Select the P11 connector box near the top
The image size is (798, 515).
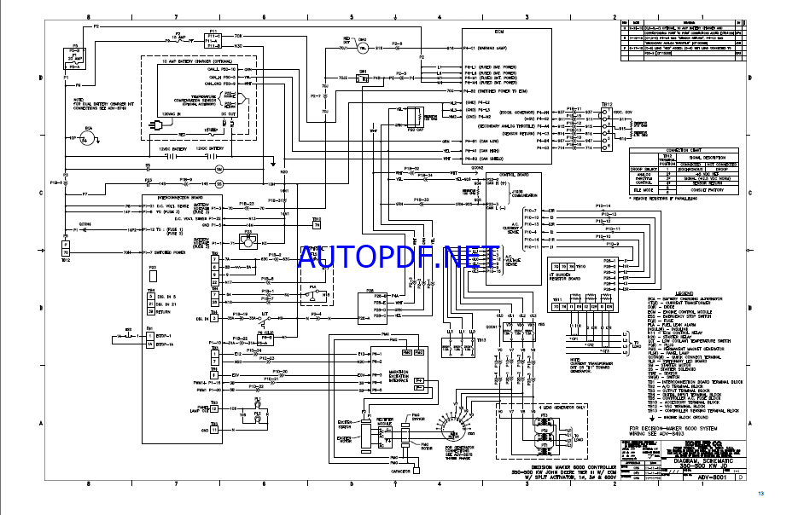[213, 38]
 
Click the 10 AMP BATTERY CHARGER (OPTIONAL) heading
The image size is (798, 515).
[198, 62]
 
